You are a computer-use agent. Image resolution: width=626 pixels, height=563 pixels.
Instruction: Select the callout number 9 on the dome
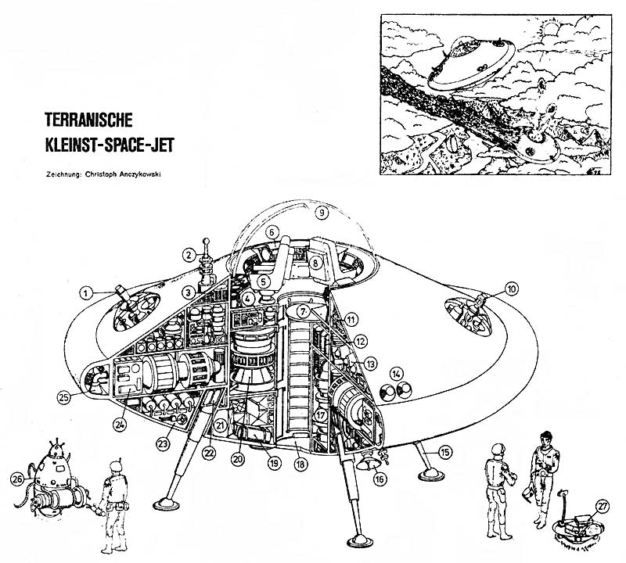pyautogui.click(x=319, y=211)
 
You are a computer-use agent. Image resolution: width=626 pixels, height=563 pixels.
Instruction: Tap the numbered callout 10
pyautogui.click(x=512, y=289)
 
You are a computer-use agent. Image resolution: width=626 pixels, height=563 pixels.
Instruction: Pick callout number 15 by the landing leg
pyautogui.click(x=445, y=451)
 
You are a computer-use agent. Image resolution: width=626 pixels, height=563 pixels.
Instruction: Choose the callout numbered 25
pyautogui.click(x=66, y=396)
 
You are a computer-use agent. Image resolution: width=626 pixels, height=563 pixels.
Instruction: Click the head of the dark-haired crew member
pyautogui.click(x=548, y=439)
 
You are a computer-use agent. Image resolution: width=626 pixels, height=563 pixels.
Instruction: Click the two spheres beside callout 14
pyautogui.click(x=396, y=392)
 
